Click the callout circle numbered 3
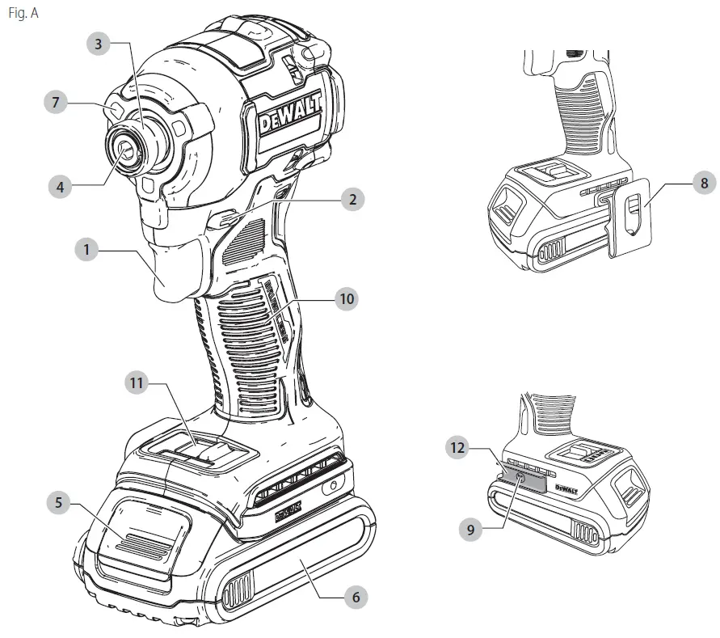click(99, 44)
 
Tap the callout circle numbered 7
click(56, 103)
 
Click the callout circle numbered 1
click(86, 250)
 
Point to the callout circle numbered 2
click(351, 200)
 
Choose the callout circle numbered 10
click(347, 298)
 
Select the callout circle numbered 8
click(703, 184)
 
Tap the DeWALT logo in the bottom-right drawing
click(566, 489)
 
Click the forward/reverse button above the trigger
click(230, 217)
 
